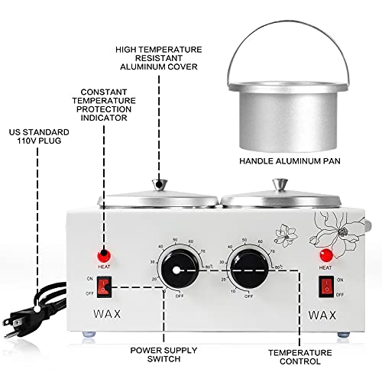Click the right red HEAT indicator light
[x=326, y=254]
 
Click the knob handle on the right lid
[x=277, y=183]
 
